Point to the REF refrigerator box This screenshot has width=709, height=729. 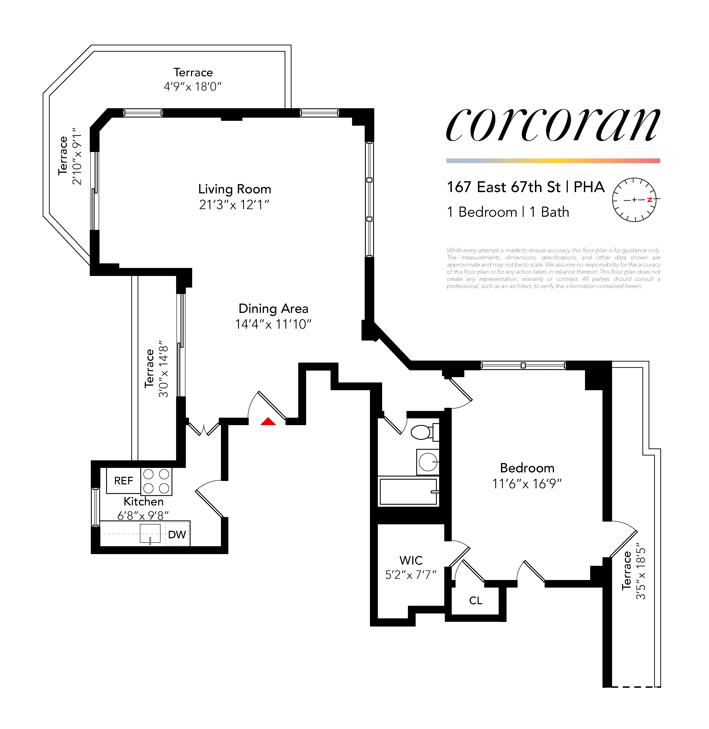point(123,481)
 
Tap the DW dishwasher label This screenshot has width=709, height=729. point(177,535)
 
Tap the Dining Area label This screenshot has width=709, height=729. point(273,309)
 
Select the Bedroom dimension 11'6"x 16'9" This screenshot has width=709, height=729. point(527,484)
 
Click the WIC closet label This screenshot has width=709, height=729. point(411,560)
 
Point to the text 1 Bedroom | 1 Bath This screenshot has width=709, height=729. point(508,212)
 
